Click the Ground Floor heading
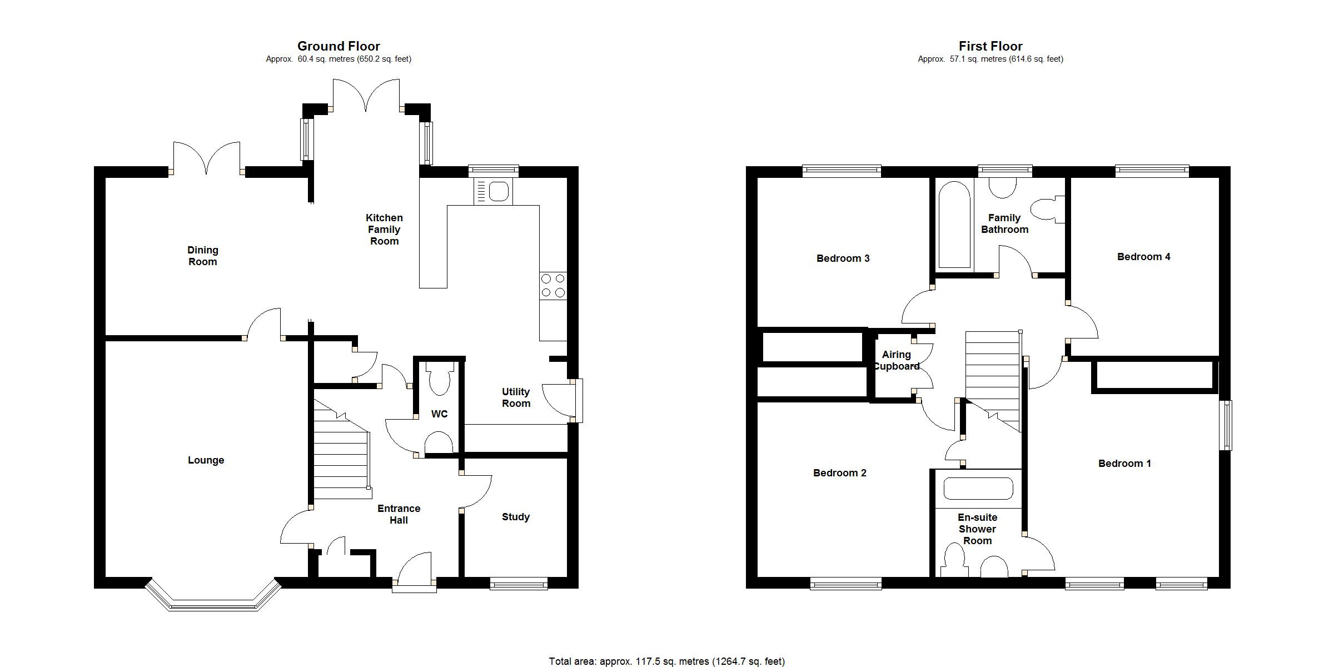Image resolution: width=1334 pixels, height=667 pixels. coord(339,46)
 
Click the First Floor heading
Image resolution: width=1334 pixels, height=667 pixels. coord(990,46)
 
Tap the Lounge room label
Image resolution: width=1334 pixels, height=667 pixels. coord(206,460)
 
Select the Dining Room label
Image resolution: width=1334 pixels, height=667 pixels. coord(202,256)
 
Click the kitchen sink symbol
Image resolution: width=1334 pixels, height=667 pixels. coord(493,192)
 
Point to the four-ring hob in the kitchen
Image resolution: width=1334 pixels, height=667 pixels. coord(552,286)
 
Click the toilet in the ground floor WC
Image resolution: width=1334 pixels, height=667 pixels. coord(440,378)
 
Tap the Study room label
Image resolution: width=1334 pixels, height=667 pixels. coord(515,517)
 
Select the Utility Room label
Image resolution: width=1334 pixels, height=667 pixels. coord(516,397)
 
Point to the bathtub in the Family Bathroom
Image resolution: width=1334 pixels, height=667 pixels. coord(954,225)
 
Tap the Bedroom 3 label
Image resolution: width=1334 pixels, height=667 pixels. coord(843,258)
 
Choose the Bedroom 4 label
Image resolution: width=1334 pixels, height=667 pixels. coord(1143,257)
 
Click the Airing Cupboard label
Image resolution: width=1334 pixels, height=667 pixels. coord(896,360)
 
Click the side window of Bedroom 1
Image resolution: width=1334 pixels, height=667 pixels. coord(1226,425)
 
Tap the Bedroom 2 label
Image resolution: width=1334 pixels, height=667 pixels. coord(839,473)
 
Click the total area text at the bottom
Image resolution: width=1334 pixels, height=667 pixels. coord(666,661)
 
